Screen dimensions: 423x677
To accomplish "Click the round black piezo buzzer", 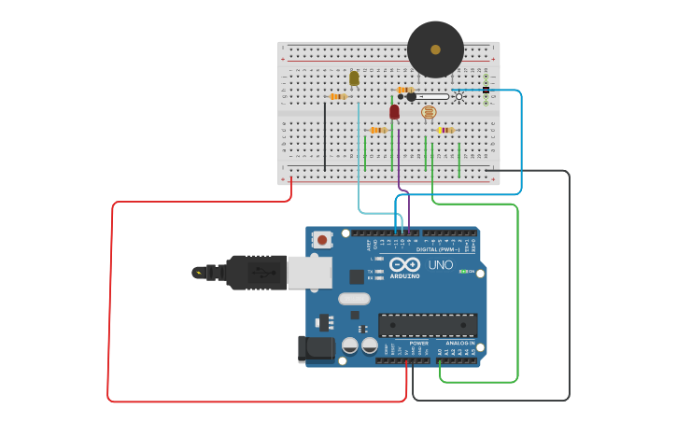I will click(x=435, y=49).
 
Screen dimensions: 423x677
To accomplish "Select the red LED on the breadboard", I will click(x=394, y=111).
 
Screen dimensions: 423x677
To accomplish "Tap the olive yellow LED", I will click(x=354, y=78).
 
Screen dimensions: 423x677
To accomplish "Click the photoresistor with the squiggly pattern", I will click(x=429, y=112).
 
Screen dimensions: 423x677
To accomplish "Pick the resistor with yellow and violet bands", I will click(x=445, y=130).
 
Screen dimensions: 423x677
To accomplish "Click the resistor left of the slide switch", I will click(x=405, y=90).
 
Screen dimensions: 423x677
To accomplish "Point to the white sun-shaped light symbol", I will click(x=458, y=96).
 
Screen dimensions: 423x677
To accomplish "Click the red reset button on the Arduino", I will click(x=322, y=240).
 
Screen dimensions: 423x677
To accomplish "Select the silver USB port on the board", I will click(x=309, y=273).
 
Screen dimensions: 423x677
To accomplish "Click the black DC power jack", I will click(x=315, y=348).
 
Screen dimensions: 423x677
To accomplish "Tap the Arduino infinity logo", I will click(x=404, y=265).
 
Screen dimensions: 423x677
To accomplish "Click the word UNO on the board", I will click(x=440, y=265).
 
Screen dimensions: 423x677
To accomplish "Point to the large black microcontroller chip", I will click(x=428, y=325).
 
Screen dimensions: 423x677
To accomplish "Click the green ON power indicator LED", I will click(x=463, y=271).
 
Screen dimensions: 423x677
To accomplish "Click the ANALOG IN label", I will click(x=459, y=344).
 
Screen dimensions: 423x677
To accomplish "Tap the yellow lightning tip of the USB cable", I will click(x=198, y=273).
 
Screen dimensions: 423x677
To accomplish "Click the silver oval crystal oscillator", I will click(x=354, y=299).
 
